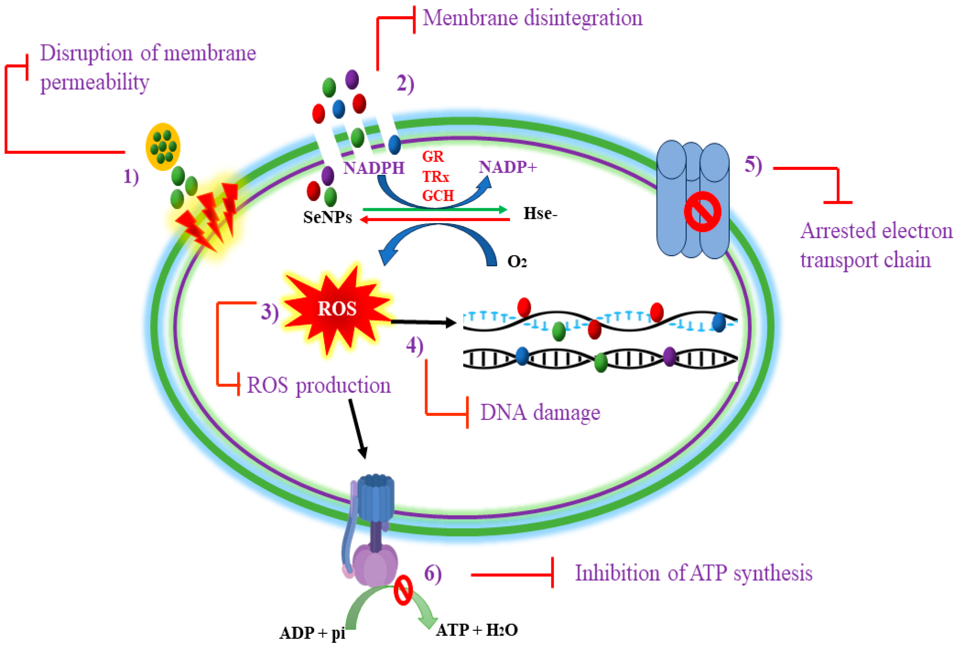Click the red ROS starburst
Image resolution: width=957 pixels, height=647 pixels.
pos(337,309)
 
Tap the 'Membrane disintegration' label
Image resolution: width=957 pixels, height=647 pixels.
pos(532,18)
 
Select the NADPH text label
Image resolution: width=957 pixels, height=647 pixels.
pos(373,168)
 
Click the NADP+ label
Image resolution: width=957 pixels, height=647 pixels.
pos(508,167)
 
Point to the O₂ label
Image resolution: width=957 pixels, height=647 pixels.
pos(517,261)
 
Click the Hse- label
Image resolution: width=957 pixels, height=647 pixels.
pos(540,213)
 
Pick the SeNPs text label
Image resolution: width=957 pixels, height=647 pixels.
pos(327,217)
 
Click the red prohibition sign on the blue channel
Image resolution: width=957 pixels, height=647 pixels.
pos(702,212)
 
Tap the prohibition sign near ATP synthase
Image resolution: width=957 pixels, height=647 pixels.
pos(403,590)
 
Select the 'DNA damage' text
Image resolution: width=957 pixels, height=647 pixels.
pos(540,413)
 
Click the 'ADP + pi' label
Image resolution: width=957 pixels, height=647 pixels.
pos(312,633)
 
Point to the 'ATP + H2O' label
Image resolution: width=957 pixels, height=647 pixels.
pos(477,630)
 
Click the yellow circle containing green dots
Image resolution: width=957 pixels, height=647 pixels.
pos(163,147)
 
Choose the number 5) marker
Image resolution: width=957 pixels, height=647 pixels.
pos(753,165)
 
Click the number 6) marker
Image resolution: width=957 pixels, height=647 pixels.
pos(432,573)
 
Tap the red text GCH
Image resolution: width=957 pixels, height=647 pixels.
pos(438,195)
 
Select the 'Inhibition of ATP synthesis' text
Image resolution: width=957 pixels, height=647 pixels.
pos(694,573)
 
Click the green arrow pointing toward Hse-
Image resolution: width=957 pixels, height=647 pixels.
pos(434,210)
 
